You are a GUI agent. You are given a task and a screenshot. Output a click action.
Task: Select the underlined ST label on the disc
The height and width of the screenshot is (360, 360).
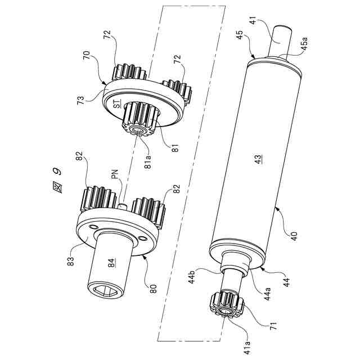coord(118,103)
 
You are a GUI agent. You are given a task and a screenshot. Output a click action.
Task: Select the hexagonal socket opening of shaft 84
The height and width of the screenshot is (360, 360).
coord(105,292)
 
